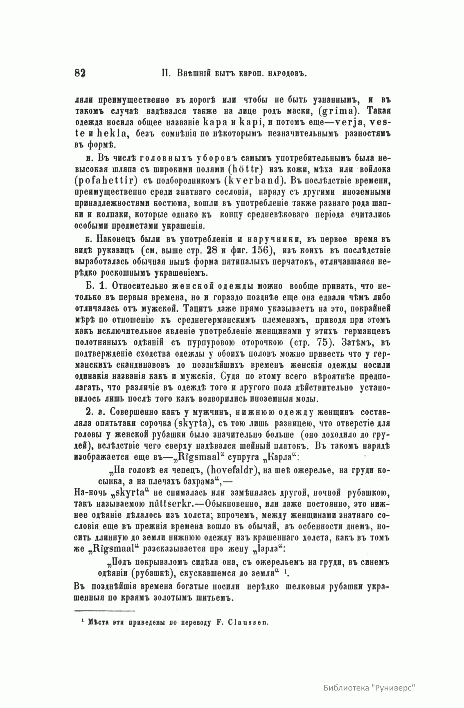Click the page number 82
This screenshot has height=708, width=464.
pyautogui.click(x=80, y=74)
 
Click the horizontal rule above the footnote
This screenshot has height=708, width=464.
pyautogui.click(x=105, y=611)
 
